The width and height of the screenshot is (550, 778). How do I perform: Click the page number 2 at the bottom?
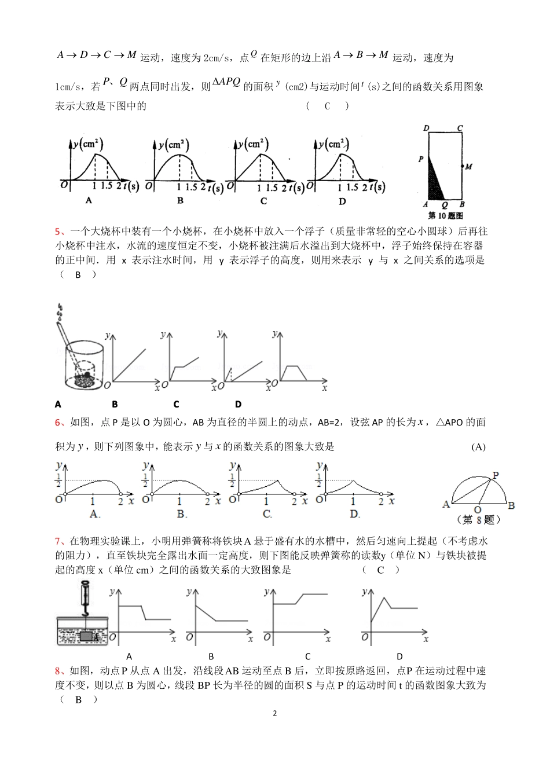(274, 713)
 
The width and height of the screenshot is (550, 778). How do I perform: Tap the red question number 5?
(57, 232)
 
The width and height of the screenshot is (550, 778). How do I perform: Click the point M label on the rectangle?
(468, 167)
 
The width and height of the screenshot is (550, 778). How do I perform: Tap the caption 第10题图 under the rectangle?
(444, 215)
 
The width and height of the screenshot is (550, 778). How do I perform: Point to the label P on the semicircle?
(496, 475)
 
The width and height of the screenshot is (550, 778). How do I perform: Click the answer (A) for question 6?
(478, 446)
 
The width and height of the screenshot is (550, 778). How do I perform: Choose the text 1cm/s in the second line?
(69, 87)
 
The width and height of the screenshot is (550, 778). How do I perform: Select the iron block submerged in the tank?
(86, 636)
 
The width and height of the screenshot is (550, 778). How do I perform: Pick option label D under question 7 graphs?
(399, 656)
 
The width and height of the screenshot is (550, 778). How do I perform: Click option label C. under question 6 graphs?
(267, 514)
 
